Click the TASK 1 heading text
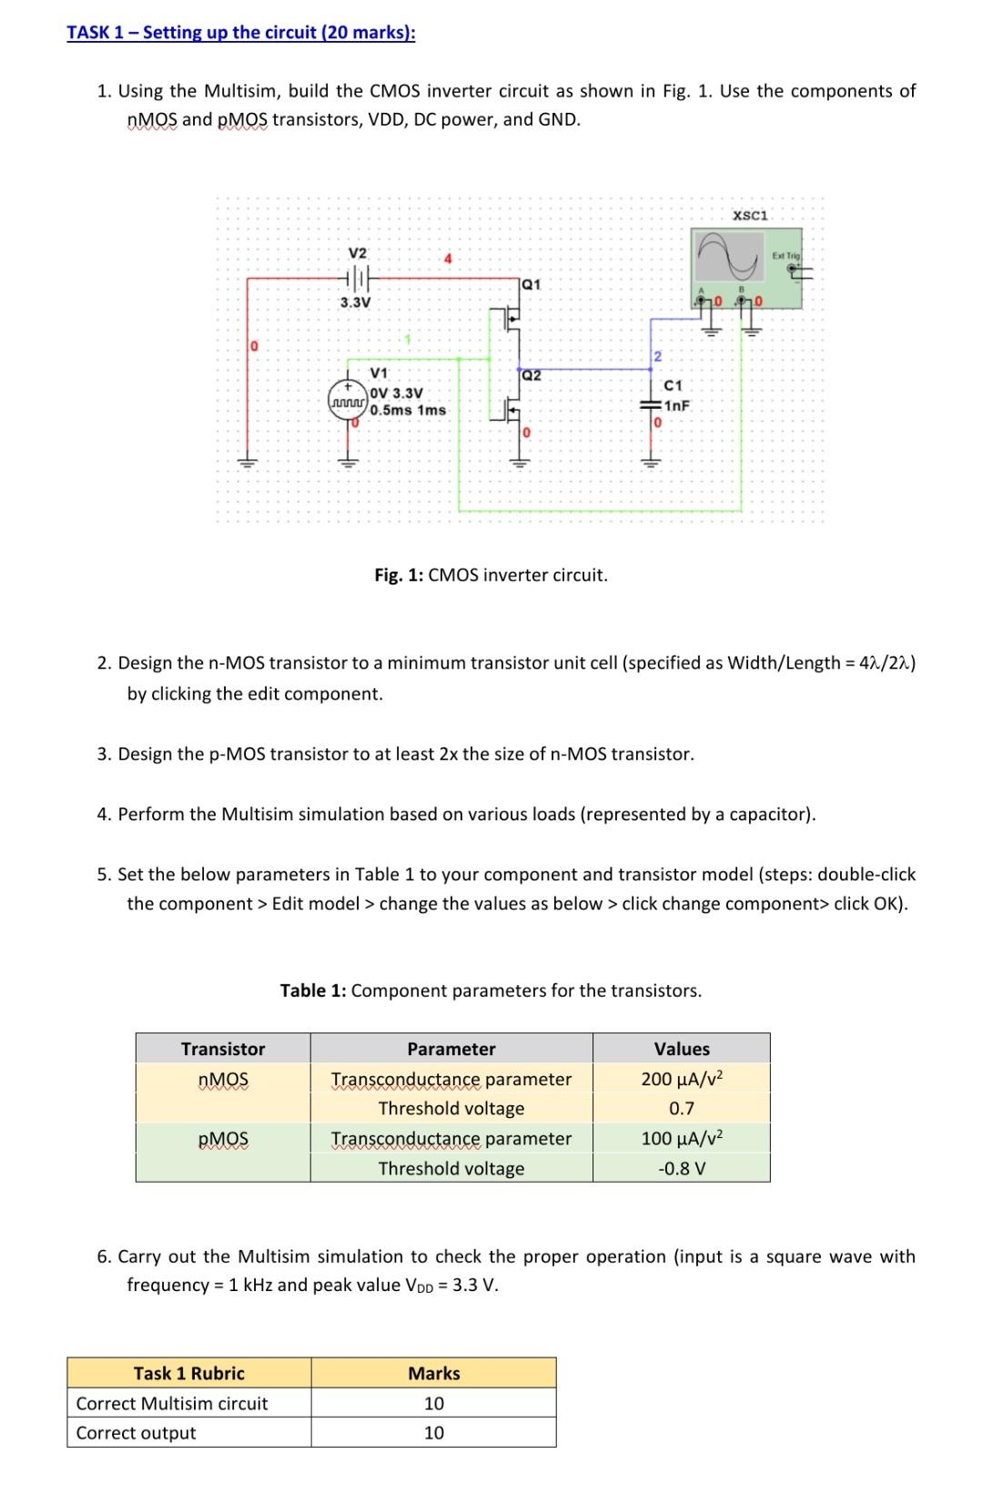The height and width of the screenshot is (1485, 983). click(240, 33)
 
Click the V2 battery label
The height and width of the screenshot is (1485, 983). click(358, 252)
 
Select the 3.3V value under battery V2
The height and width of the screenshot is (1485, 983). click(355, 302)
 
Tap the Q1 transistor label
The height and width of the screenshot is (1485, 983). click(531, 284)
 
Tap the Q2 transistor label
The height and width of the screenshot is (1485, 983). click(531, 375)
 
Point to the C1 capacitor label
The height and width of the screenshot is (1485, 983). click(674, 386)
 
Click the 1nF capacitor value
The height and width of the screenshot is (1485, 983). click(677, 406)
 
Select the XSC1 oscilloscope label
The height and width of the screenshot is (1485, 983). click(750, 216)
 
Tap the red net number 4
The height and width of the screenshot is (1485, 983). click(447, 259)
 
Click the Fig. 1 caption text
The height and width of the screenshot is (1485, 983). click(491, 575)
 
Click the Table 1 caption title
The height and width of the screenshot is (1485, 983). click(491, 991)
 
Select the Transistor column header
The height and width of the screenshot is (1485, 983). click(223, 1049)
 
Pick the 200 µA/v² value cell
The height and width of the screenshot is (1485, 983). click(681, 1079)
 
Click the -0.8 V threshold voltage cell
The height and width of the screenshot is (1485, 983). click(681, 1168)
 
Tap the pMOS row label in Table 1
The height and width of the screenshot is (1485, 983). click(223, 1139)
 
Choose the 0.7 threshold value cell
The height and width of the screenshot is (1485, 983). click(681, 1109)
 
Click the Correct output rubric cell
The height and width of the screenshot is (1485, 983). click(137, 1433)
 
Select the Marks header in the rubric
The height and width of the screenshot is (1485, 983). click(433, 1373)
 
